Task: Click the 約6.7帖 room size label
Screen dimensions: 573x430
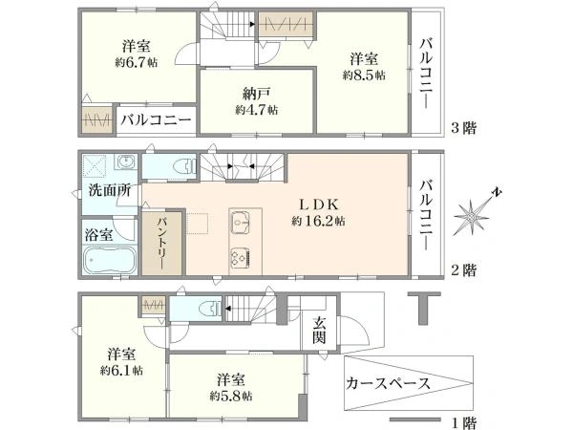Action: coord(137,62)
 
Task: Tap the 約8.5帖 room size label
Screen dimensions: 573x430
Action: coord(364,75)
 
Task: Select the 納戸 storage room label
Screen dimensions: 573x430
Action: coord(257,95)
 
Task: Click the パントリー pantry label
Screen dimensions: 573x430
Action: coord(162,243)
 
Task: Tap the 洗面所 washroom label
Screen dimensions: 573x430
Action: coord(110,190)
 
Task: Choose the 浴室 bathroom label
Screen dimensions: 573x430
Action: coord(98,235)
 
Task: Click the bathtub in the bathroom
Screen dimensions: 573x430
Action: coord(110,260)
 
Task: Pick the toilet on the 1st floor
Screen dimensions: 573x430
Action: coord(210,309)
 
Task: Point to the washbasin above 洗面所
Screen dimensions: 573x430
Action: coord(126,161)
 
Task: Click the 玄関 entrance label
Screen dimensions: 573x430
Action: coord(319,331)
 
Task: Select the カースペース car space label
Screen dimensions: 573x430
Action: coord(388,383)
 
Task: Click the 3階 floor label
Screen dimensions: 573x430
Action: coord(464,128)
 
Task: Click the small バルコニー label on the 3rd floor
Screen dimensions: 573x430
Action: coord(156,120)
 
